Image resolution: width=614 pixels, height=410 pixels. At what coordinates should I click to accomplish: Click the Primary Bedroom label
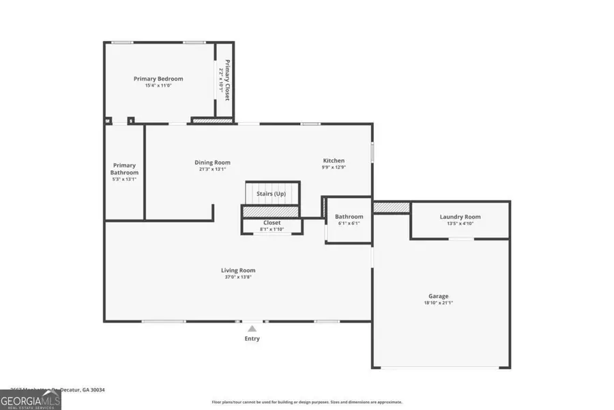(158, 79)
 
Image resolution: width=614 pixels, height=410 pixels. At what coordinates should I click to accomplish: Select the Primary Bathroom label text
(125, 169)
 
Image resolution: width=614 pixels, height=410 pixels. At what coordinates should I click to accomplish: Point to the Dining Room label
(213, 163)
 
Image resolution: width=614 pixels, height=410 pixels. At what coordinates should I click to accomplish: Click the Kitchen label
(334, 161)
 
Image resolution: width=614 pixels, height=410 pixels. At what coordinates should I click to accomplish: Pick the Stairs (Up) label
(271, 194)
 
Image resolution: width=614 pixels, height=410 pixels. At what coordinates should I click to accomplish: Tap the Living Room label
(238, 271)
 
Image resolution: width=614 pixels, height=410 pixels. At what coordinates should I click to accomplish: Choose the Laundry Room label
(460, 217)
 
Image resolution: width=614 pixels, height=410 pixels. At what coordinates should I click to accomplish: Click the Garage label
(438, 296)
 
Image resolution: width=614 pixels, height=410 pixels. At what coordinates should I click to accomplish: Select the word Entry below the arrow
(252, 338)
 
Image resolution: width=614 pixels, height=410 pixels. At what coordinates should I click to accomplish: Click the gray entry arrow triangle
(252, 329)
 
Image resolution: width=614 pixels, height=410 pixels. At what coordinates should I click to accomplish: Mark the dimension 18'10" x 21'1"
(438, 303)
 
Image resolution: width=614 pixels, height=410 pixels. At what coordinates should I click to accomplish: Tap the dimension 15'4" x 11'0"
(158, 86)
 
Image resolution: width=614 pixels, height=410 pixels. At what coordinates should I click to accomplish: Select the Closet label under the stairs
(272, 223)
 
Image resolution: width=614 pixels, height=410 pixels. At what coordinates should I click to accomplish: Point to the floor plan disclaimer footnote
(307, 402)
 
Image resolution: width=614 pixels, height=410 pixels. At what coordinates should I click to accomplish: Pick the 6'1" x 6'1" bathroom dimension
(348, 223)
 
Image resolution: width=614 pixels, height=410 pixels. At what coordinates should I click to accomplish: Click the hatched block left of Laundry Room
(391, 207)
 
